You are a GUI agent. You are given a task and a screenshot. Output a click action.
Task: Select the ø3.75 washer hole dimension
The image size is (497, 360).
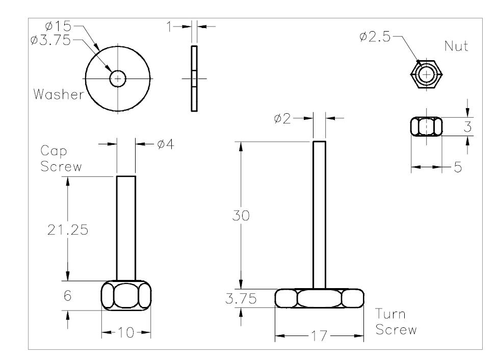[x=50, y=40]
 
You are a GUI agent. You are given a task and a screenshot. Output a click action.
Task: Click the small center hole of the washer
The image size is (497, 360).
[x=118, y=79]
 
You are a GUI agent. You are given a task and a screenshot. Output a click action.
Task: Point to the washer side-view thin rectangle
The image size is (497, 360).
[x=194, y=78]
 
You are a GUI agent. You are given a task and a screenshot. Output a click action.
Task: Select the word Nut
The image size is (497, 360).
[x=456, y=46]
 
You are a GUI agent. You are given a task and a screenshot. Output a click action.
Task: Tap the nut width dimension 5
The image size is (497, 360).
[x=458, y=167]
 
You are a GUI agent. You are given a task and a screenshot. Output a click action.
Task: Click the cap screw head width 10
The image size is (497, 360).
[x=126, y=333]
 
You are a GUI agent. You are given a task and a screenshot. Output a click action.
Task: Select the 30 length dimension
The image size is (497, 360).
[x=242, y=216]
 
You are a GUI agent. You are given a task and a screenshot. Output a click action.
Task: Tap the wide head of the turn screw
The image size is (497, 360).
[x=320, y=298]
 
